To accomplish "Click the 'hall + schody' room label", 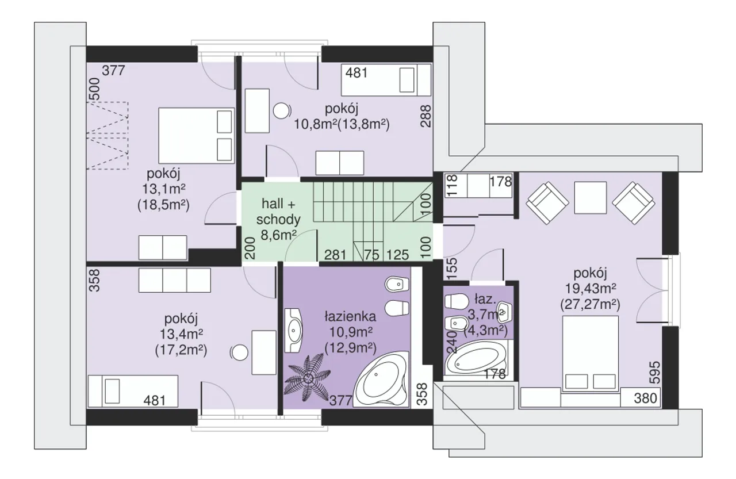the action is coord(278,212).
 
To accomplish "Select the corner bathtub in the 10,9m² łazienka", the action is coord(382,379).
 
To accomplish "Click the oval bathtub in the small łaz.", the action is coord(476,359).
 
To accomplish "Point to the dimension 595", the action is coord(655,372).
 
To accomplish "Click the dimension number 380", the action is coord(646,398).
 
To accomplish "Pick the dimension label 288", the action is coord(426,116).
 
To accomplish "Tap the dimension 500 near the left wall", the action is coord(95,89).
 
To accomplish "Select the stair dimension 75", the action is coord(371,255).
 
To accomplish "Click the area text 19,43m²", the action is coord(590,289).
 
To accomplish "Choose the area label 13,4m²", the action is coord(181,335).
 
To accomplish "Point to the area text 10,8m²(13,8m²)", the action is coord(342,125).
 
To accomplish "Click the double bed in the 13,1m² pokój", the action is coord(197,135).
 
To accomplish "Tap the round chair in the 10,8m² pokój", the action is coord(282,111).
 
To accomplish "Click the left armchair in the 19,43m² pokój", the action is coord(547,203).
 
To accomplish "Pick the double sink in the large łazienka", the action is coord(293,331).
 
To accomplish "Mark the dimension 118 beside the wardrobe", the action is coord(453,185).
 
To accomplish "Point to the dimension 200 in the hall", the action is coord(250,248).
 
